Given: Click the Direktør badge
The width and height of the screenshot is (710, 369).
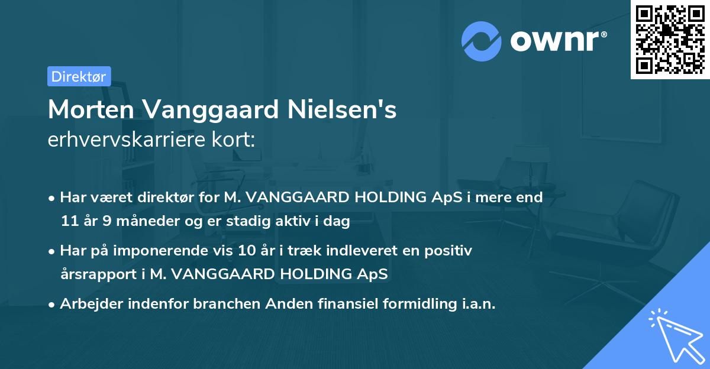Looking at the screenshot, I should (x=79, y=76).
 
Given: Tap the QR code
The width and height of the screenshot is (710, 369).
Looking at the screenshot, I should (x=670, y=39).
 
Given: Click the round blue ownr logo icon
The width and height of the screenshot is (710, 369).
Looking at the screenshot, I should (x=482, y=41).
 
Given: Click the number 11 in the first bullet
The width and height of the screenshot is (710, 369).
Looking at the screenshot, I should (x=69, y=222).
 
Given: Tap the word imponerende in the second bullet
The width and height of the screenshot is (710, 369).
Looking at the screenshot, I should (x=167, y=251).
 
